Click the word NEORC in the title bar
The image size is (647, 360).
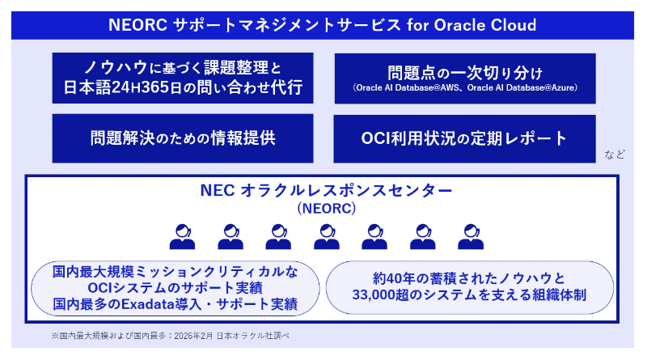point(137,25)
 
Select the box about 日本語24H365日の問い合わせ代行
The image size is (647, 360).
point(183,78)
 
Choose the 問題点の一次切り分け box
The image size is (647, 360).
point(465,78)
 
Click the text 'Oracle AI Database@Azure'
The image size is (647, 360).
point(521,88)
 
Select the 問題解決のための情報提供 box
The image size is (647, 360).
point(183,138)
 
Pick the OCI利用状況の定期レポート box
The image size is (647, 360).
point(464,138)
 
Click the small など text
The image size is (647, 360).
point(615,155)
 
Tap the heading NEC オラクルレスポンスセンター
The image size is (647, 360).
point(326,190)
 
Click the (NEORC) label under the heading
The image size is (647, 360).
point(327,208)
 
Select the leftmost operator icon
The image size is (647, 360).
point(183,236)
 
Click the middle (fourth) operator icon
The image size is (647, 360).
point(327,236)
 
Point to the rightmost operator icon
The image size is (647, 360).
point(471,236)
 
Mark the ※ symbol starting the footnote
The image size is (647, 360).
point(55,336)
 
